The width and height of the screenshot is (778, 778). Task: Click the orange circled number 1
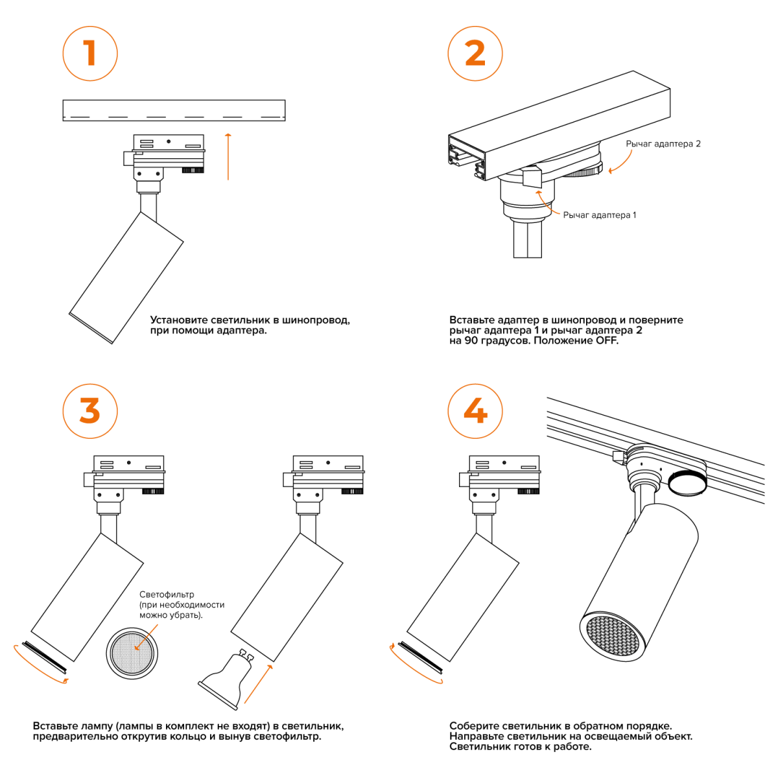click(x=90, y=54)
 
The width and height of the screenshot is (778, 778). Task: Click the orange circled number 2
click(x=475, y=54)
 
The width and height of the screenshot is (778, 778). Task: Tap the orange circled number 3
click(x=90, y=411)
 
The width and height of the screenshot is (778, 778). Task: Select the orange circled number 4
click(x=475, y=411)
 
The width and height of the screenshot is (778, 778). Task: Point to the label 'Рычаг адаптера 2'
click(x=663, y=144)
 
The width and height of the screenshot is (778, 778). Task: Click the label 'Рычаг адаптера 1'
click(x=600, y=215)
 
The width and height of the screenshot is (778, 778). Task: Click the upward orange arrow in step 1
click(x=228, y=157)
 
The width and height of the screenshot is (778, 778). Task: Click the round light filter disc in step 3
click(x=132, y=654)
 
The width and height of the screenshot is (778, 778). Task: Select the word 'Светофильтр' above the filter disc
click(x=167, y=595)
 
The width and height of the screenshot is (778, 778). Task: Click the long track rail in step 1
click(x=174, y=110)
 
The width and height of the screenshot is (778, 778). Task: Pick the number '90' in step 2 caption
click(x=471, y=340)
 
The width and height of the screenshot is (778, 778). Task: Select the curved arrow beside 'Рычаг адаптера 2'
click(x=620, y=162)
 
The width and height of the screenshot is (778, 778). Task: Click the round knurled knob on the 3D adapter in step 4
click(x=687, y=483)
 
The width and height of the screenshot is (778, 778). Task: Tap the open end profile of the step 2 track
click(x=467, y=158)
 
